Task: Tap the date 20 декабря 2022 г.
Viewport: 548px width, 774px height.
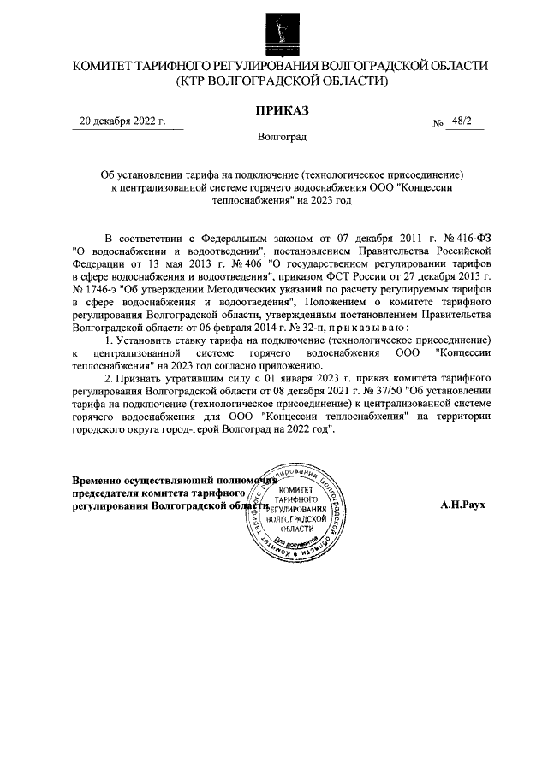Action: [122, 121]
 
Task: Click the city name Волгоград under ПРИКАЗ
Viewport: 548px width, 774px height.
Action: [282, 137]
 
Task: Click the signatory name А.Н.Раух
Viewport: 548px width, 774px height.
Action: [463, 505]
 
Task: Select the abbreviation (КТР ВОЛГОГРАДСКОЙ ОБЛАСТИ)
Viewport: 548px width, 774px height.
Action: [282, 82]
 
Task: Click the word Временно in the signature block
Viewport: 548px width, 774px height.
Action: [100, 480]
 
